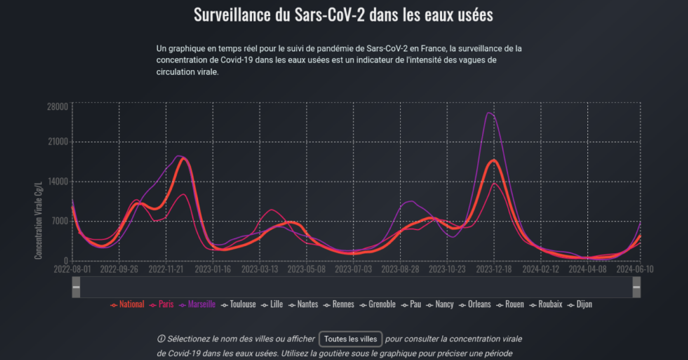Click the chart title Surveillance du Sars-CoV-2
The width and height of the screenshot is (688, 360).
(x=343, y=15)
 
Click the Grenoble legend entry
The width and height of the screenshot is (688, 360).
(x=382, y=305)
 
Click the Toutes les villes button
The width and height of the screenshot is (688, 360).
(x=351, y=339)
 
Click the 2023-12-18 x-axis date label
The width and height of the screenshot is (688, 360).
(x=494, y=269)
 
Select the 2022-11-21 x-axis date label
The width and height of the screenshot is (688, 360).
(x=166, y=269)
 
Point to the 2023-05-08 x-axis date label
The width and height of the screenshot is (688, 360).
(x=307, y=269)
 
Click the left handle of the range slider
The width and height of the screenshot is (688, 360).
(x=76, y=287)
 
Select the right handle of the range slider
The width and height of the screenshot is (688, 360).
(x=636, y=287)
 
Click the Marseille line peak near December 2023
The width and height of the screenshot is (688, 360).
(x=489, y=113)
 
